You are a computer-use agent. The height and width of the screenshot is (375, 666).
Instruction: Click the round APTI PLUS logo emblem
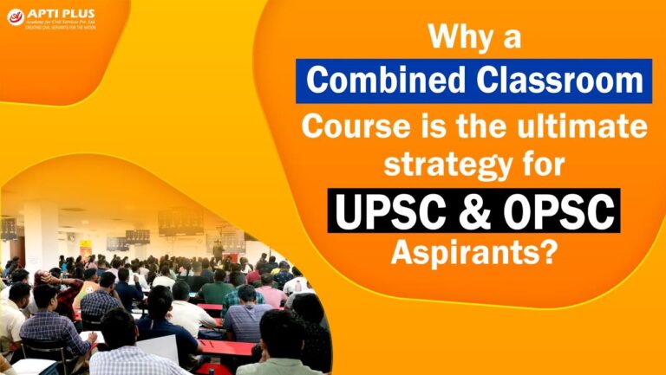pyautogui.click(x=15, y=16)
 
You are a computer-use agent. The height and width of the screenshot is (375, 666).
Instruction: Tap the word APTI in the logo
pyautogui.click(x=42, y=12)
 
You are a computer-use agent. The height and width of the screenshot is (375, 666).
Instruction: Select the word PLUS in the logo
pyautogui.click(x=75, y=12)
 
